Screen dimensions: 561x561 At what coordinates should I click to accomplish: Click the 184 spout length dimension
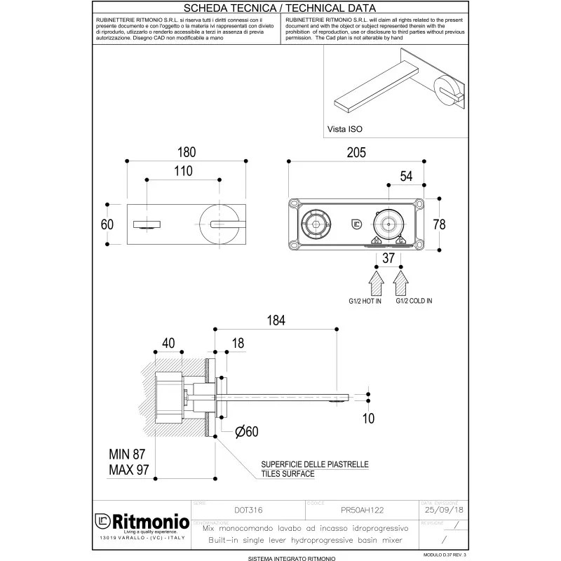click(x=277, y=320)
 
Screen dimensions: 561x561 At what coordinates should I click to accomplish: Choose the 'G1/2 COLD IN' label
click(x=414, y=301)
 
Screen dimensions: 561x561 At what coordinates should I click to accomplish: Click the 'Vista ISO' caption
click(x=345, y=130)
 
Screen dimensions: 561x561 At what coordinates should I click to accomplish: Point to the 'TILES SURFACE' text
click(x=288, y=474)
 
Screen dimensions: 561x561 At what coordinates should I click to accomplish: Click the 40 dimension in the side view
click(x=168, y=343)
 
